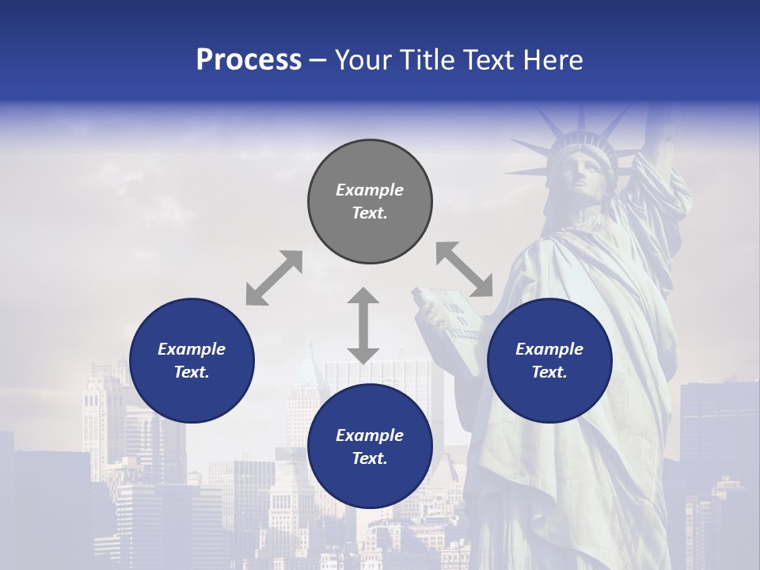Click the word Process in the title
[x=249, y=60]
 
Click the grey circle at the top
[x=370, y=202]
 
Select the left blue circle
[x=192, y=361]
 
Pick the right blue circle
[x=549, y=361]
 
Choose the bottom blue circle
[x=370, y=446]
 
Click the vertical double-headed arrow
[x=363, y=325]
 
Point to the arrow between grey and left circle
[x=274, y=278]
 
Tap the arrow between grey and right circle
[x=464, y=269]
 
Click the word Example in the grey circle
[x=370, y=190]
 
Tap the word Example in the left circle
[x=192, y=349]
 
